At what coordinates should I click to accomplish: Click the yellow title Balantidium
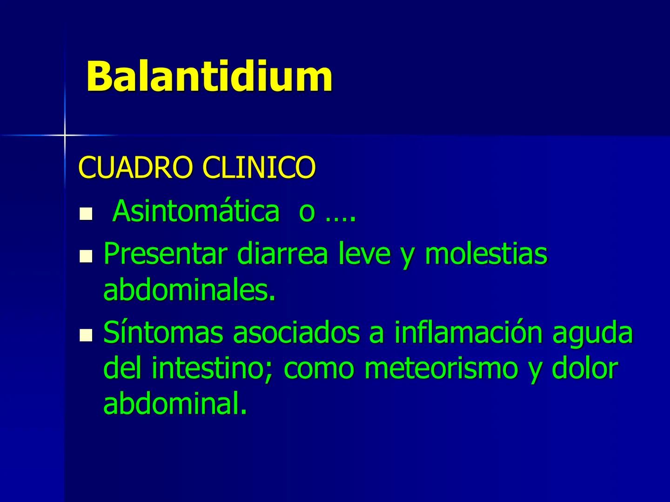point(209,76)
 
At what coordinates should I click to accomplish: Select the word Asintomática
point(196,211)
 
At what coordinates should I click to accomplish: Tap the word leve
point(364,254)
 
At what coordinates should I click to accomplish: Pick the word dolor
point(585,369)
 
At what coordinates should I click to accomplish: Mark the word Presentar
point(166,254)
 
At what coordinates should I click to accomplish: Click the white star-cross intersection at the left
point(65,135)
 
